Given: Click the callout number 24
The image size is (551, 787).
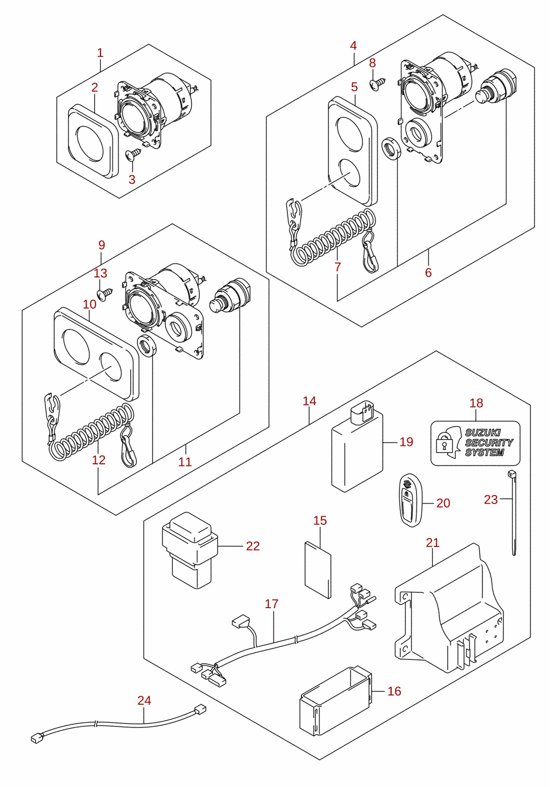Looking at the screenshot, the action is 144,701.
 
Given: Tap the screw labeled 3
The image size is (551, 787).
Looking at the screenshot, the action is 133,154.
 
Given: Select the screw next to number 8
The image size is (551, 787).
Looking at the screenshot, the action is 378,84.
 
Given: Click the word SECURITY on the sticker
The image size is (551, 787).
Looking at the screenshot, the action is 489,442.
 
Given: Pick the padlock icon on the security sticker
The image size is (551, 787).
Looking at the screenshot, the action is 444,444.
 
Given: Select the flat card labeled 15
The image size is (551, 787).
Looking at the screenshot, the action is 318,570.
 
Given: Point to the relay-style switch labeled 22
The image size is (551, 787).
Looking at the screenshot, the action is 190,550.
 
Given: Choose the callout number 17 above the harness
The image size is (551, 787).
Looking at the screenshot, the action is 272,604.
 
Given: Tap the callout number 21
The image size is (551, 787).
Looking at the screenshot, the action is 433,543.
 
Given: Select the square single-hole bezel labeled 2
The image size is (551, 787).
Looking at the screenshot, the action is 93,141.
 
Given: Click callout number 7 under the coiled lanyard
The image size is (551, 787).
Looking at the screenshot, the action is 338,267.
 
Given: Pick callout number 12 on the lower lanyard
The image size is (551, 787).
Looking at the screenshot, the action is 99,460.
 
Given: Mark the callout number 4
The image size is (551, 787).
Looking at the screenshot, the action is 353,45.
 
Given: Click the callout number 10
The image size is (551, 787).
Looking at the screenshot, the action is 90,304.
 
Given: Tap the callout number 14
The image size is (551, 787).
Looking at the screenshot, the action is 310,401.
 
